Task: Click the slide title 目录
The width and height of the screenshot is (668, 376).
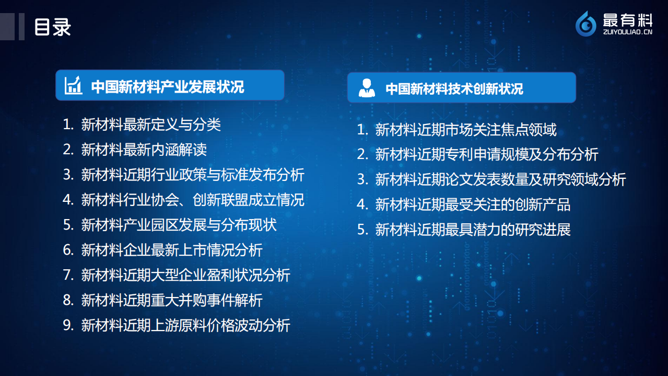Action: [52, 27]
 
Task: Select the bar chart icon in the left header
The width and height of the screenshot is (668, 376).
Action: [74, 85]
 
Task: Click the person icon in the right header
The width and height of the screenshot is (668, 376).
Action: [367, 88]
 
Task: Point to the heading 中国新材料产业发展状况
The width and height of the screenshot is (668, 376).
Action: [168, 86]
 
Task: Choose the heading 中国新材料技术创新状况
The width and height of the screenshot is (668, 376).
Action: [454, 88]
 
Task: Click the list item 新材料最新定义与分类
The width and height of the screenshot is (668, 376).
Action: [151, 124]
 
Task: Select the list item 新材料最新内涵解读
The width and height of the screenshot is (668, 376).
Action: [144, 150]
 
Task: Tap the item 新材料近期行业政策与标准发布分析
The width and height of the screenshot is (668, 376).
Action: [192, 175]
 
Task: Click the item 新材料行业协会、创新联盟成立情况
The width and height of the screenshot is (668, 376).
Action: [192, 200]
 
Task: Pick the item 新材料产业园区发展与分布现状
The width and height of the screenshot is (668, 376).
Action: [179, 225]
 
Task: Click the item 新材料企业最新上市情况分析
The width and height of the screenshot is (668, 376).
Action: [172, 250]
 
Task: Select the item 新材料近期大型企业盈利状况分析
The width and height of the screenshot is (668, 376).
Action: [185, 275]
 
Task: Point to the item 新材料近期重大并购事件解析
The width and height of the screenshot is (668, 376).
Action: [172, 300]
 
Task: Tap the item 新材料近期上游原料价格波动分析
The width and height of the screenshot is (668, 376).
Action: [185, 325]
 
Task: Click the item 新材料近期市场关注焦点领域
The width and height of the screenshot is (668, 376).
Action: [465, 129]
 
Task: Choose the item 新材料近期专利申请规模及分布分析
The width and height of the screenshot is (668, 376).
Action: [486, 154]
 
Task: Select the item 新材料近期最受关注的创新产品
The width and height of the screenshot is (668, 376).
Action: [472, 204]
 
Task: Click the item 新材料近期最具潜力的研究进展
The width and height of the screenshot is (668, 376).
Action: [472, 230]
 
